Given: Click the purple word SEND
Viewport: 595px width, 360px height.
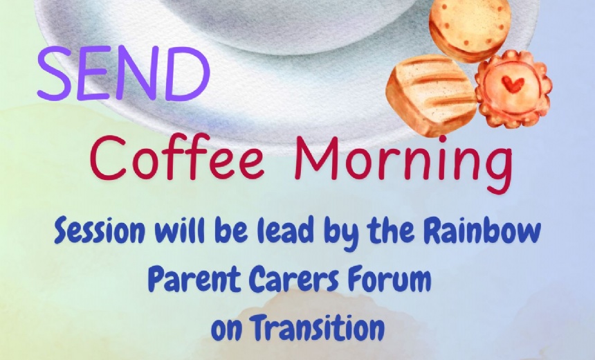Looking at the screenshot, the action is point(124,73).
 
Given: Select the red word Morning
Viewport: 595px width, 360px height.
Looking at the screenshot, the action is point(404,164).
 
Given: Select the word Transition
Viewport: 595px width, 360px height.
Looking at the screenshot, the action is point(318,327).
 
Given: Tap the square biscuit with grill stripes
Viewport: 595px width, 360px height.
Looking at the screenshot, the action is point(431,93).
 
